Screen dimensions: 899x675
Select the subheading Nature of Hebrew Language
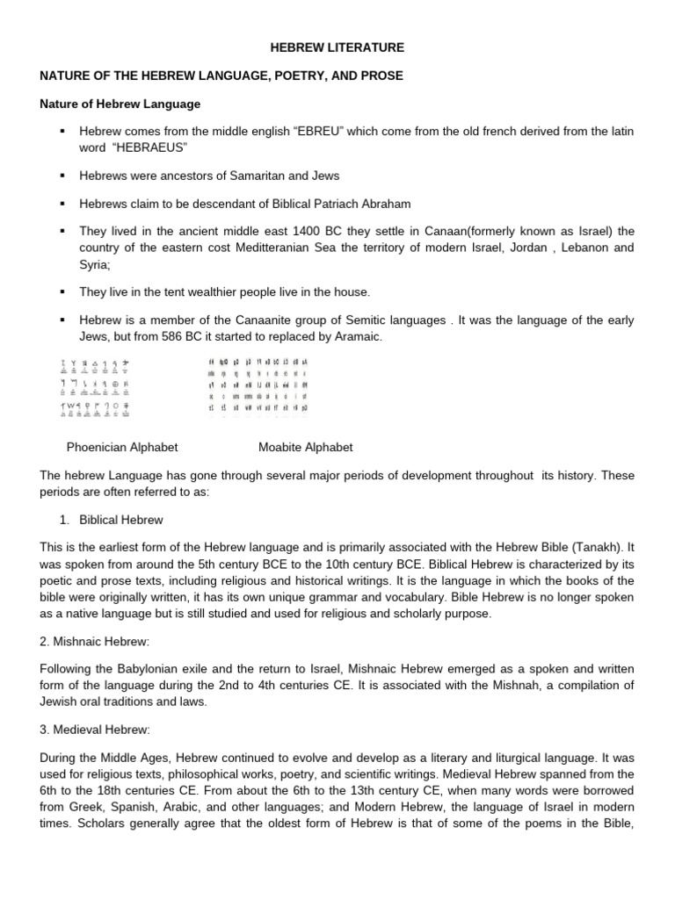coord(120,104)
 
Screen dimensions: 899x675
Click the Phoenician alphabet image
coord(96,385)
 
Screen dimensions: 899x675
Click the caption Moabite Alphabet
coord(305,447)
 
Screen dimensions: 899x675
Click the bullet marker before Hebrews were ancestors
coord(62,176)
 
